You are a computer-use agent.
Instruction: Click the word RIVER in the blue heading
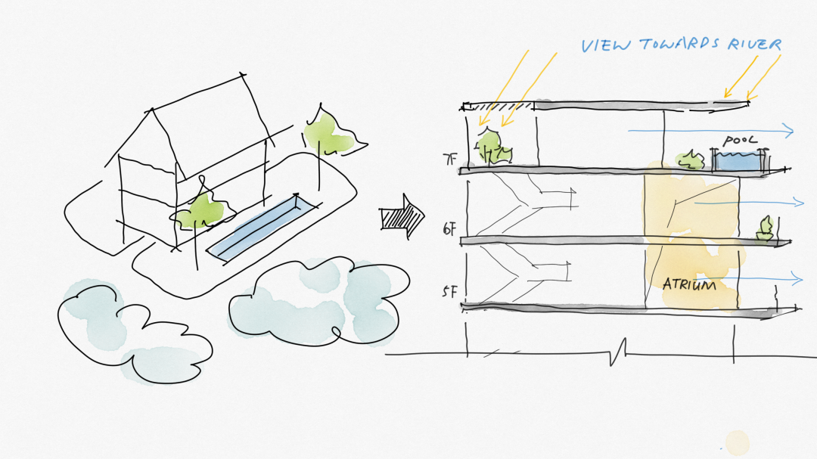pyautogui.click(x=753, y=45)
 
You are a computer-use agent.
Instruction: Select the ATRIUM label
pyautogui.click(x=689, y=285)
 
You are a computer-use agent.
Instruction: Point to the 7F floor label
pyautogui.click(x=450, y=160)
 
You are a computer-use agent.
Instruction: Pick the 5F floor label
pyautogui.click(x=449, y=291)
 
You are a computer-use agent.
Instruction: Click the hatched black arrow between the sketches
pyautogui.click(x=402, y=218)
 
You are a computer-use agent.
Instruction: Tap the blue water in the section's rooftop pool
pyautogui.click(x=737, y=161)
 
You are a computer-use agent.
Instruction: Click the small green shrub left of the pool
pyautogui.click(x=690, y=160)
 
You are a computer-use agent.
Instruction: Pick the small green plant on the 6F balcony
pyautogui.click(x=766, y=229)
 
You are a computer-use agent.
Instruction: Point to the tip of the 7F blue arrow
pyautogui.click(x=793, y=132)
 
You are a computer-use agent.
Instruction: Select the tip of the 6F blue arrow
pyautogui.click(x=803, y=202)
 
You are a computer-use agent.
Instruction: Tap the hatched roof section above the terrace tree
pyautogui.click(x=499, y=106)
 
